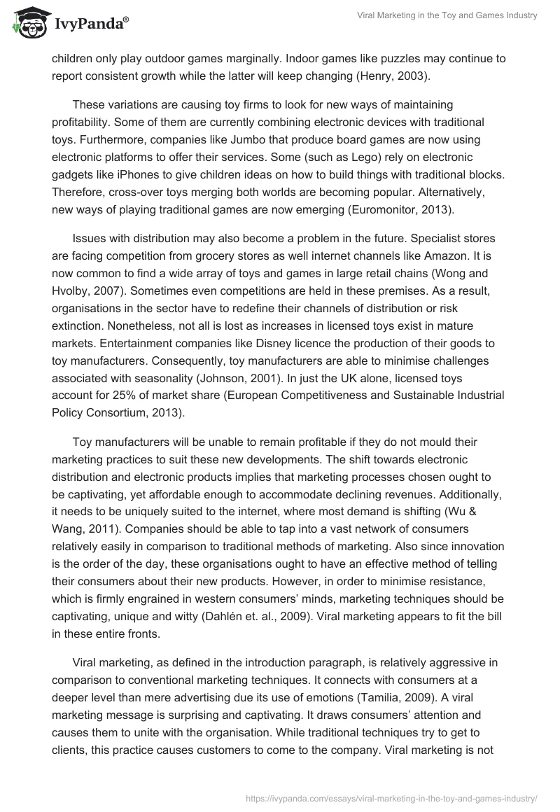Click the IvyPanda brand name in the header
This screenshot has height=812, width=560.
[x=90, y=24]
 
